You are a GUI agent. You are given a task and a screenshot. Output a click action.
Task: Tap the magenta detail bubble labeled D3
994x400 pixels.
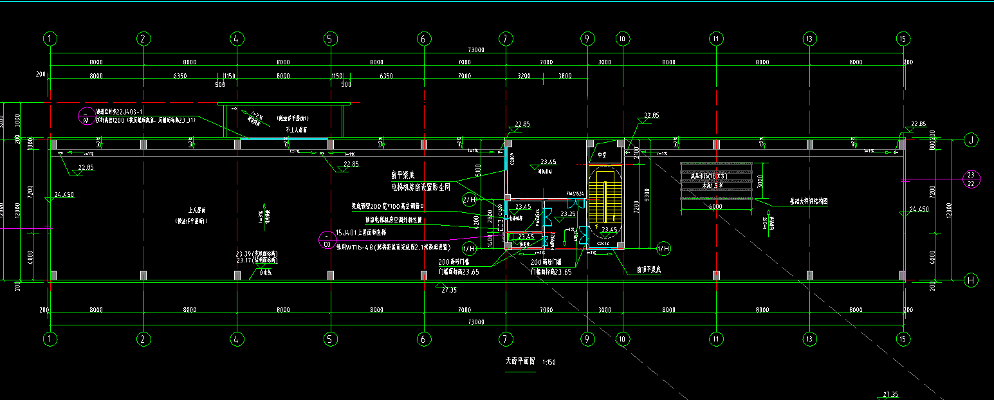pyautogui.click(x=327, y=241)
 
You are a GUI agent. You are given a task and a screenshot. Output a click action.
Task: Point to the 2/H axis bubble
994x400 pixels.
pyautogui.click(x=469, y=200)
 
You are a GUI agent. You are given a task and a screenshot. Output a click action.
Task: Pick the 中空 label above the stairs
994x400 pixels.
pyautogui.click(x=602, y=155)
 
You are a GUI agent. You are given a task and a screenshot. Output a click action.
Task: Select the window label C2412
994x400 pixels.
pyautogui.click(x=603, y=244)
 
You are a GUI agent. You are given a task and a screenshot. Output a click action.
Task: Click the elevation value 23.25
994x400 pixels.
pyautogui.click(x=567, y=214)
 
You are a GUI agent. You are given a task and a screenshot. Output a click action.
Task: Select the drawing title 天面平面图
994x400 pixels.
pyautogui.click(x=519, y=361)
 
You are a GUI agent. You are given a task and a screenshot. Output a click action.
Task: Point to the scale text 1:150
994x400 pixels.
pyautogui.click(x=549, y=362)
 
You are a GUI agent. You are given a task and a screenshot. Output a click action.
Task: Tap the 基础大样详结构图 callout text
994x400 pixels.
pyautogui.click(x=808, y=201)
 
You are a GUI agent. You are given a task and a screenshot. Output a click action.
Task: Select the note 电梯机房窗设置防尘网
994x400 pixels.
pyautogui.click(x=420, y=187)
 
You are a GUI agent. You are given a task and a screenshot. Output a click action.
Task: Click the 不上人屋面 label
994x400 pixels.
pyautogui.click(x=296, y=130)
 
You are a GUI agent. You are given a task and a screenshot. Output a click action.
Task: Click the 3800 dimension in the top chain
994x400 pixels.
pyautogui.click(x=565, y=76)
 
